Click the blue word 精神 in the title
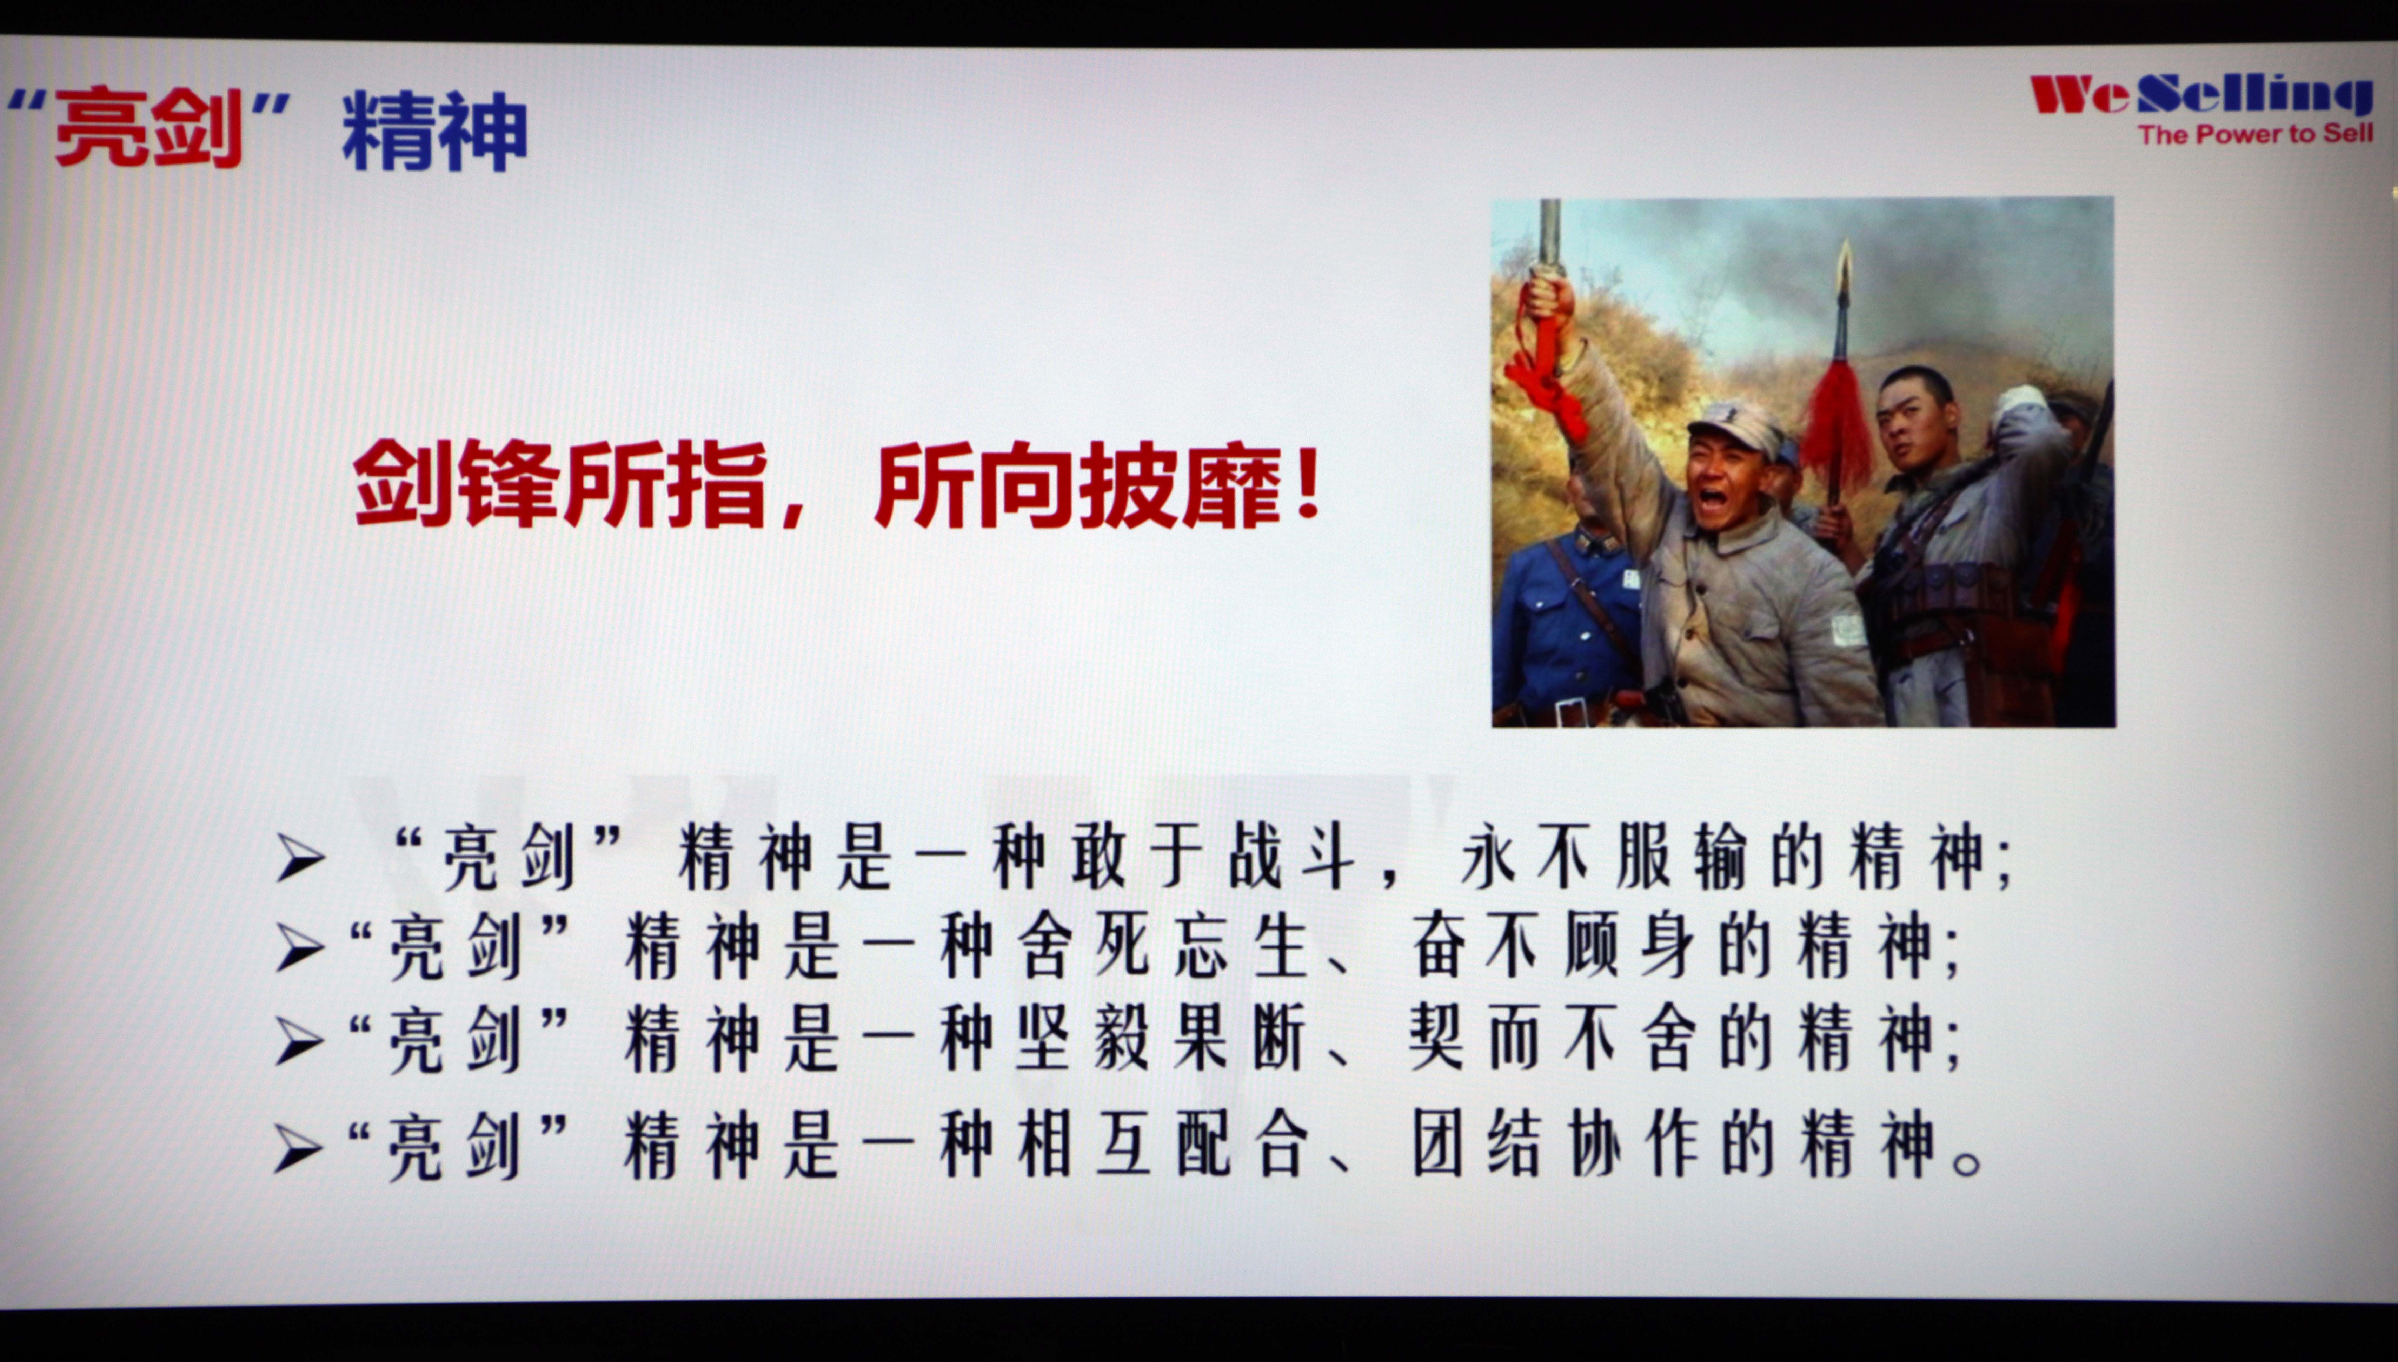(435, 131)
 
